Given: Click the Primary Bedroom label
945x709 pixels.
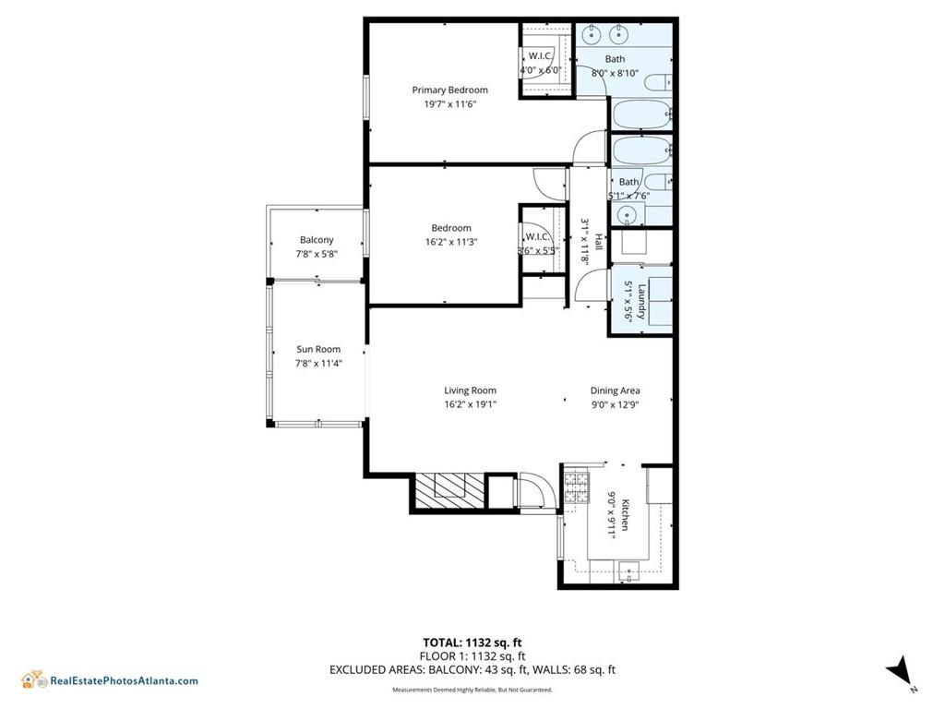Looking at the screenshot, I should (x=449, y=90).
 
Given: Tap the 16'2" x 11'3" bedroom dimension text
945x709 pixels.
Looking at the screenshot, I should (x=451, y=243).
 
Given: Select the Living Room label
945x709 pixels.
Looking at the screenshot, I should (x=470, y=391).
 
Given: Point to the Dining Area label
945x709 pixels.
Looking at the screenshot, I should (x=615, y=391).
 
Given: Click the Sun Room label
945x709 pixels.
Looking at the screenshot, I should (x=318, y=349).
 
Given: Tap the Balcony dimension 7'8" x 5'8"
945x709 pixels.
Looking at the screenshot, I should (x=317, y=254).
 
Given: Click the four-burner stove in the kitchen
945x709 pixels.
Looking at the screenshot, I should (x=576, y=488).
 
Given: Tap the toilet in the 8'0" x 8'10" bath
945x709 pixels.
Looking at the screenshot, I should (x=658, y=83).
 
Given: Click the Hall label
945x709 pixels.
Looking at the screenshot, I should (x=597, y=241).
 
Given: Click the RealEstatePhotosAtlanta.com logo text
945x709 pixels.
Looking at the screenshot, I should (x=124, y=681).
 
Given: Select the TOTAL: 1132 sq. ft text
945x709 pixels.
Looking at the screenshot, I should (x=472, y=643).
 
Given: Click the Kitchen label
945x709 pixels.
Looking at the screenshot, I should (x=625, y=513).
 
